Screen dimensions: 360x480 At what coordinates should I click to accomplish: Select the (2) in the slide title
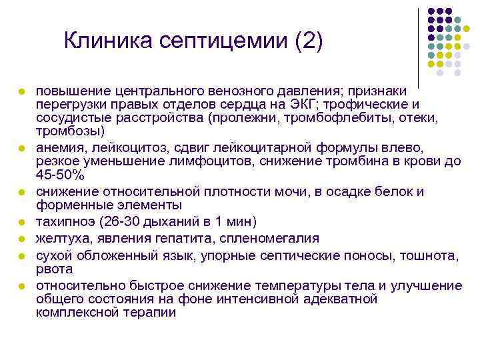pos(307,42)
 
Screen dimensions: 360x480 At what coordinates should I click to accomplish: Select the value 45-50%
pos(61,175)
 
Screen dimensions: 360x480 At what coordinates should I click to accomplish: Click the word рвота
pos(55,269)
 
